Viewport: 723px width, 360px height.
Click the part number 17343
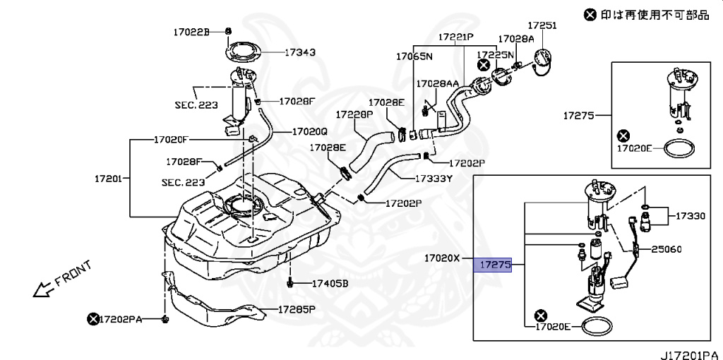coord(300,52)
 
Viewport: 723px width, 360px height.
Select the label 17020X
coord(442,258)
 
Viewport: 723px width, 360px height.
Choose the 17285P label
coord(296,309)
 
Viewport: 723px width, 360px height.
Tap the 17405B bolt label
coord(330,284)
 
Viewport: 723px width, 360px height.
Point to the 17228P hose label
coord(354,114)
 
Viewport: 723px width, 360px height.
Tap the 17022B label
coord(192,32)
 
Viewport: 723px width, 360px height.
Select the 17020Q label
coord(310,131)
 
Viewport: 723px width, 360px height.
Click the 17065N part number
coord(414,56)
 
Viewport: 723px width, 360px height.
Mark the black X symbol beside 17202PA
coord(92,319)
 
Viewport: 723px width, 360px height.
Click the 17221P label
coord(455,36)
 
